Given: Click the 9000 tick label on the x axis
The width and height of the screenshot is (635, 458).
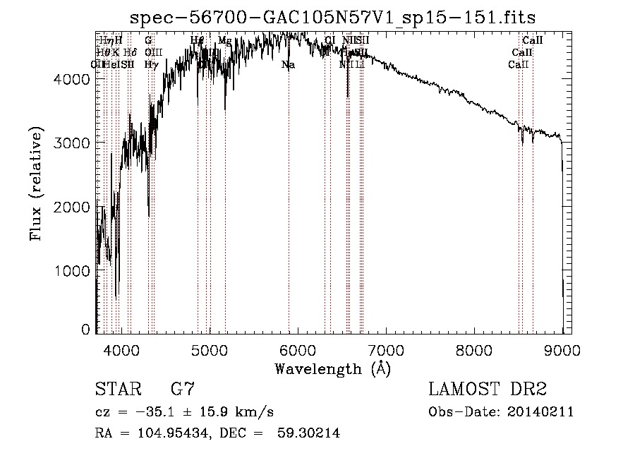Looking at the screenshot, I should point(562,349).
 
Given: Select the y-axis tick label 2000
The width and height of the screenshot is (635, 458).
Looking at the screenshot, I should point(71,207).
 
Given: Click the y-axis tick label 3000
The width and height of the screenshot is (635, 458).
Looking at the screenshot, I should point(71,143).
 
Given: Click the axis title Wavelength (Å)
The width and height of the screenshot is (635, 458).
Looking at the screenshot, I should point(332,368).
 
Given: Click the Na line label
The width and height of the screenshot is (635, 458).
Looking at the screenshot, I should point(288,65).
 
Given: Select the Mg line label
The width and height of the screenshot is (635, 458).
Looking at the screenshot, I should point(224,41).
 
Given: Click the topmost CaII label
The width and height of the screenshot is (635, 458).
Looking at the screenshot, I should point(532,41).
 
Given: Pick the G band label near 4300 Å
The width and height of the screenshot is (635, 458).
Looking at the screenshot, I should point(148,41).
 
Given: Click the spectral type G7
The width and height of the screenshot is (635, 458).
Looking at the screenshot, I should point(182,390).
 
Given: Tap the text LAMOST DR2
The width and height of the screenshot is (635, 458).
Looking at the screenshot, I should point(488,390).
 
